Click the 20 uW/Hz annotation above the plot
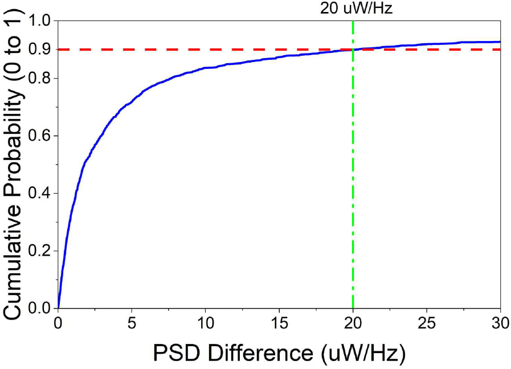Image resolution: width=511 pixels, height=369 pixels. coord(353,9)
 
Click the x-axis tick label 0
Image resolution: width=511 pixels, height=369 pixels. coord(58,323)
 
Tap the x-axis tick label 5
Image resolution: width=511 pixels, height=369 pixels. coord(132,323)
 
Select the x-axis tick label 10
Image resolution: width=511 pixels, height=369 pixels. coord(206,323)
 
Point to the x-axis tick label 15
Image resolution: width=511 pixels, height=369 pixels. coord(279,323)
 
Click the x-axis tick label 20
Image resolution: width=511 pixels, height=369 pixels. coord(353,323)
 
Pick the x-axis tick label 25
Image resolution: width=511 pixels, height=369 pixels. coord(427,323)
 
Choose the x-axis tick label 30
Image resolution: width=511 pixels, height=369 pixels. coord(500,323)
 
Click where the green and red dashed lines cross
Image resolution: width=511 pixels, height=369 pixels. coord(353,50)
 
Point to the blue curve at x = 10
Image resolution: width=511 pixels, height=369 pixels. coord(206,68)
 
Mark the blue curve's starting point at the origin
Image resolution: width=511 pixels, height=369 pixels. coord(58,308)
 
